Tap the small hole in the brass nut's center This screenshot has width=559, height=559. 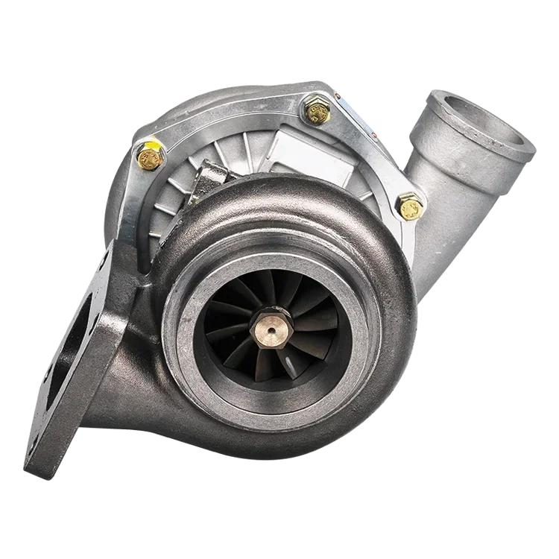(269, 326)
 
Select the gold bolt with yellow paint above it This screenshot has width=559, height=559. (148, 158)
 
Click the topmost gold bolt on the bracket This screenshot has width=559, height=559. (316, 111)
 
